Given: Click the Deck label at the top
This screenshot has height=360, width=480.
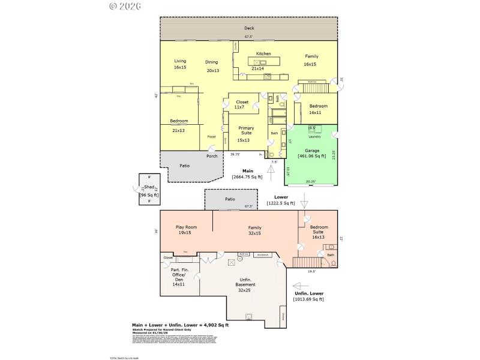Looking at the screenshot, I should (248, 28).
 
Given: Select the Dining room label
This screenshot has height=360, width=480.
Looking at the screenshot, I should (212, 61).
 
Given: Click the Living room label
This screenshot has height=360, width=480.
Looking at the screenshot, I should (180, 61).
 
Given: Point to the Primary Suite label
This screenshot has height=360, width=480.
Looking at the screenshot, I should (246, 128).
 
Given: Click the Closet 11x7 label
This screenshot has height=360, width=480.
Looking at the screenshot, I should (242, 103).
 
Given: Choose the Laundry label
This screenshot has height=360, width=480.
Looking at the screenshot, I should (314, 136).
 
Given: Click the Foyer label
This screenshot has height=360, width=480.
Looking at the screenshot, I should (212, 136).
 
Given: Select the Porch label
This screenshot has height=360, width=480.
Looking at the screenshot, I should (212, 156).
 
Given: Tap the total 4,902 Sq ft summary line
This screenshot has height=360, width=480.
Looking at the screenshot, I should (181, 325).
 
